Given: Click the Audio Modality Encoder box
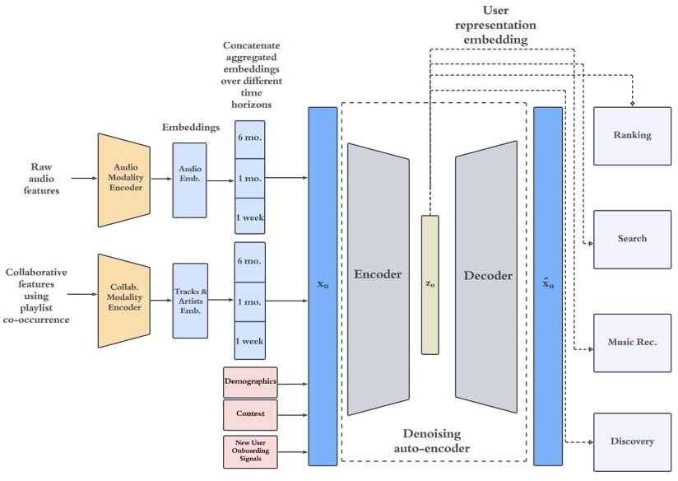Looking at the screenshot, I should pos(123,180).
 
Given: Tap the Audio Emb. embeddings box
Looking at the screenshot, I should pos(189,180).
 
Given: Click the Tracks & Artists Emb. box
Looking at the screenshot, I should pos(189,301).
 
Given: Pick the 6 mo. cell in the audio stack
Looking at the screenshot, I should pos(250,138).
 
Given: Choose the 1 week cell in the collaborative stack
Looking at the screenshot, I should pos(250,341).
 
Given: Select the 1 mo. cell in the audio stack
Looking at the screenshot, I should pos(250,179).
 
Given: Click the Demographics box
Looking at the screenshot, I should pos(250,383).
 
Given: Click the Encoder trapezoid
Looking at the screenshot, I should pos(378,278).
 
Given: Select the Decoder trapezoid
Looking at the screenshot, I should pos(486,278).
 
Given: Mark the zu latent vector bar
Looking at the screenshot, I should pos(430,284).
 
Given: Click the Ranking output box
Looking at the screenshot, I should pos(633,135).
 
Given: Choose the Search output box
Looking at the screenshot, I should pos(633,239).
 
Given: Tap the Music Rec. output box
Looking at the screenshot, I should pos(633,342).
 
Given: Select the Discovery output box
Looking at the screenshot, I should pos(633,441).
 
